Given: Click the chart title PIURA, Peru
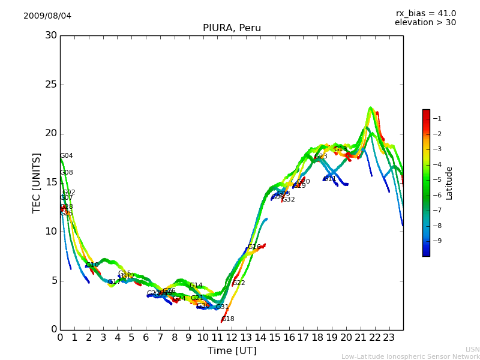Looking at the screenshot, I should (232, 28).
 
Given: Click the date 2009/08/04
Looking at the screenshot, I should (47, 16).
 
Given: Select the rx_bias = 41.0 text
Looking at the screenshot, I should (425, 13).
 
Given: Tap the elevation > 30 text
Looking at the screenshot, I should (425, 23).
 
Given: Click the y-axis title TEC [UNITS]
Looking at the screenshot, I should (37, 182).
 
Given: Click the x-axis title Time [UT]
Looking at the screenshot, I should (232, 350).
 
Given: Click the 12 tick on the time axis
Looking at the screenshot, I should (232, 337).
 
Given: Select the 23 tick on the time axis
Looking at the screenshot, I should (389, 337).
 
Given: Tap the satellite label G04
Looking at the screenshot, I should (66, 156).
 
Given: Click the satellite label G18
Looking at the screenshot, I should (228, 319).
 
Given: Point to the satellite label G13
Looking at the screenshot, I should (340, 149).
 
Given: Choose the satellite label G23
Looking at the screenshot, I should (320, 157).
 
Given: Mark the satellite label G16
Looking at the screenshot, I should (254, 247).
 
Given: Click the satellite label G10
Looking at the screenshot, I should (92, 265).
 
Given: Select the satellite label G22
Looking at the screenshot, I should (238, 283).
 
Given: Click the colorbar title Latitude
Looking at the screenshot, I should (449, 183).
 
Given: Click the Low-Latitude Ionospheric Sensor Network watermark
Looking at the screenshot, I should (410, 356).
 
